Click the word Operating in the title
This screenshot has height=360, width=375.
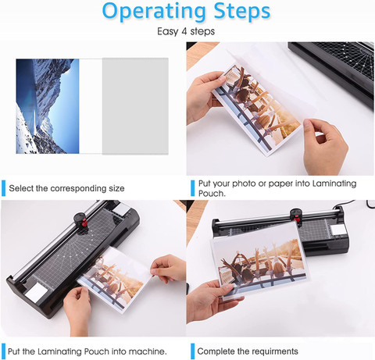click(154, 12)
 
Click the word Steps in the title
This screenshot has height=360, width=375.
click(242, 12)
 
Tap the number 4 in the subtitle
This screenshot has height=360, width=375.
click(184, 31)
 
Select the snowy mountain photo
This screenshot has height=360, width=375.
click(48, 106)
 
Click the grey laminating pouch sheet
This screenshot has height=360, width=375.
click(135, 106)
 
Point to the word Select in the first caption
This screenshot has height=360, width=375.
click(21, 188)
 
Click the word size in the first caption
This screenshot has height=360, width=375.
click(116, 188)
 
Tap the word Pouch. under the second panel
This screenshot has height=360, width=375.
click(212, 194)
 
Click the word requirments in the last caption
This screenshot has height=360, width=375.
click(275, 351)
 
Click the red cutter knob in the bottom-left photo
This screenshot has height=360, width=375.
click(84, 223)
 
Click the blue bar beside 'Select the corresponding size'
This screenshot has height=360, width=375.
click(3, 188)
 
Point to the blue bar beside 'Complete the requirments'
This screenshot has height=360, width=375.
click(193, 351)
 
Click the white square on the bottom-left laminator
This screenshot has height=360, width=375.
click(36, 292)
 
